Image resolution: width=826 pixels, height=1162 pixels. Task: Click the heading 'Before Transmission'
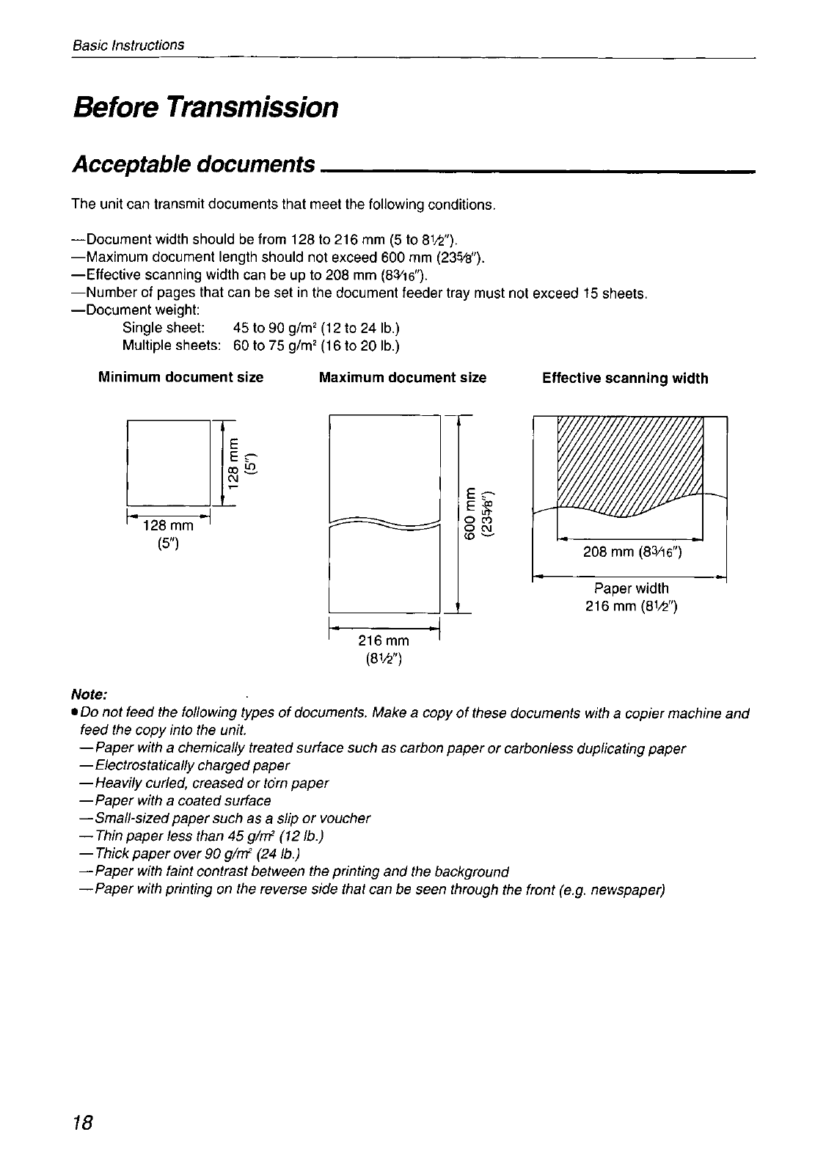pyautogui.click(x=205, y=107)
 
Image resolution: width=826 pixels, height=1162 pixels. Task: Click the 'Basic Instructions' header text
pyautogui.click(x=128, y=45)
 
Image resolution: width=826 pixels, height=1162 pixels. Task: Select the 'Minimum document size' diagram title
pyautogui.click(x=180, y=378)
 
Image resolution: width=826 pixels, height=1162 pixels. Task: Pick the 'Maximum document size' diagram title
pyautogui.click(x=403, y=378)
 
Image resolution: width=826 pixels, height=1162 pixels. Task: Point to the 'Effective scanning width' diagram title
pyautogui.click(x=625, y=379)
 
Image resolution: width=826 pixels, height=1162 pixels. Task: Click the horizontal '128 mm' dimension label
pyautogui.click(x=168, y=526)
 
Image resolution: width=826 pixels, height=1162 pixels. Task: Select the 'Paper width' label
pyautogui.click(x=631, y=588)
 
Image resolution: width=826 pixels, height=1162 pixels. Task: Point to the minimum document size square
pyautogui.click(x=169, y=458)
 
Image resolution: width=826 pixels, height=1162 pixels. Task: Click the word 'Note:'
pyautogui.click(x=89, y=694)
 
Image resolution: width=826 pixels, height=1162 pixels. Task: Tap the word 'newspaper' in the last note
pyautogui.click(x=632, y=890)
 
